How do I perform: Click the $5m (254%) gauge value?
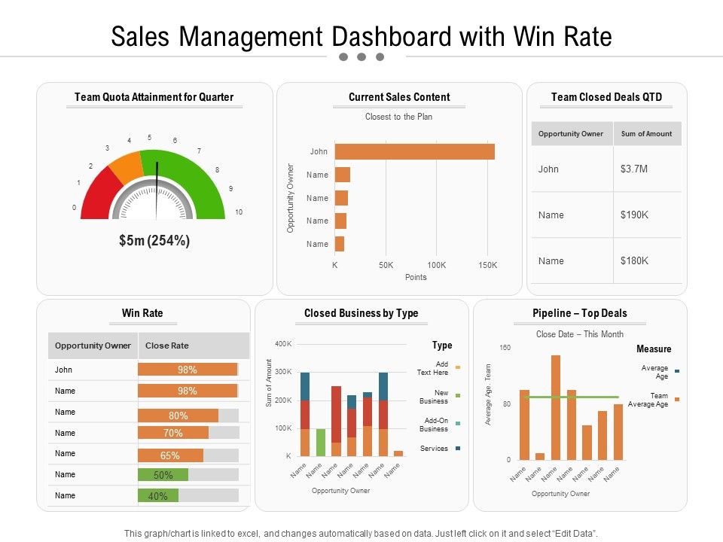(x=154, y=241)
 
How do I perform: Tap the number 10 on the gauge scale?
(x=239, y=212)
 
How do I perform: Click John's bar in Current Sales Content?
(x=414, y=151)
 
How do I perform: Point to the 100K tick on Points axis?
(x=437, y=266)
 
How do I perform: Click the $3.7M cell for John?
(x=635, y=169)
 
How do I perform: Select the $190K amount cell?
(x=635, y=215)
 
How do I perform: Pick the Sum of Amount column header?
(x=646, y=133)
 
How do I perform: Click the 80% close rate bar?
(x=178, y=416)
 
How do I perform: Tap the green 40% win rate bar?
(x=158, y=495)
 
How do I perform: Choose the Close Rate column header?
(x=167, y=346)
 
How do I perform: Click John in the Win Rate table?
(x=64, y=370)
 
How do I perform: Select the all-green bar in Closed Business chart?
(x=321, y=442)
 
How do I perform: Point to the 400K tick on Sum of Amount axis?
(x=282, y=344)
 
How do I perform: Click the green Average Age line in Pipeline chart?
(x=572, y=397)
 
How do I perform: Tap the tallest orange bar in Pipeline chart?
(x=556, y=406)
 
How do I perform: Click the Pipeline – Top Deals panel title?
(x=579, y=313)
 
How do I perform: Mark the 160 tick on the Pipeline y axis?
(x=505, y=348)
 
